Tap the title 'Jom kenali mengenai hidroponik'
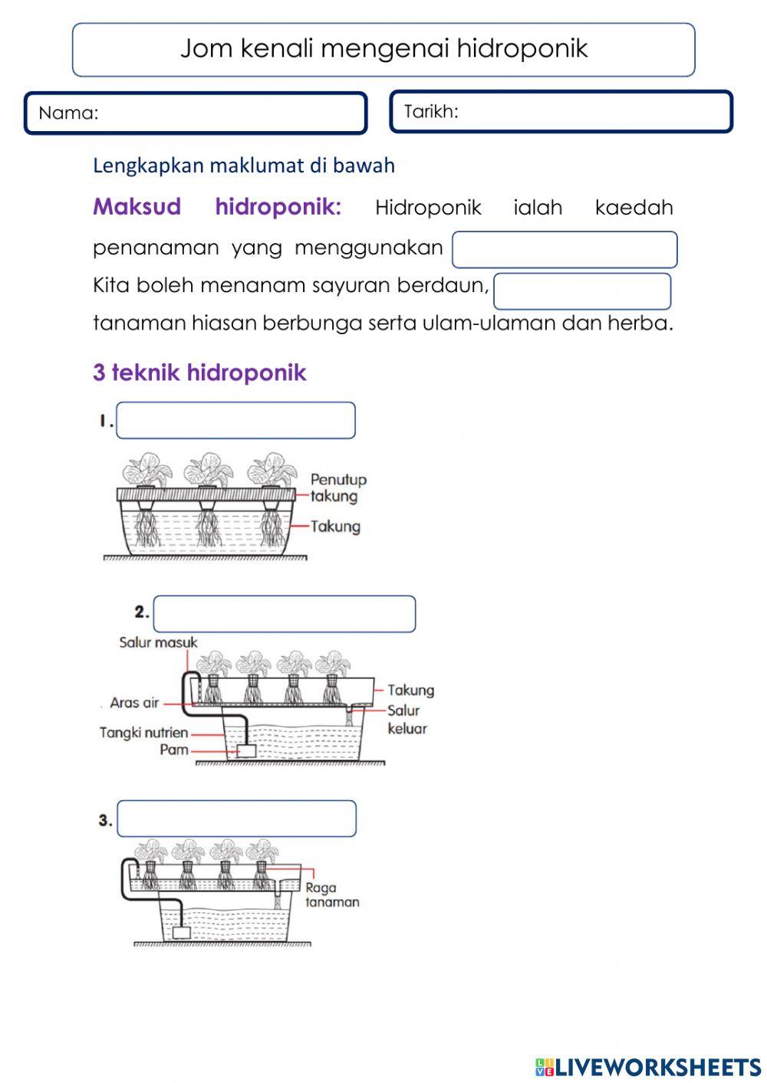(x=383, y=49)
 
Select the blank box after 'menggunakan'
(x=565, y=250)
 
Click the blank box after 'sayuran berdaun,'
(x=582, y=291)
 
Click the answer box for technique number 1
(x=235, y=421)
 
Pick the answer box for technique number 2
(x=285, y=615)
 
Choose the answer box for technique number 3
(x=236, y=819)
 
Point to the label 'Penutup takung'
(x=338, y=487)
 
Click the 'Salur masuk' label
(x=158, y=642)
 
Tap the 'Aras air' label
(x=133, y=702)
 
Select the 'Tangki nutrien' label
(x=143, y=733)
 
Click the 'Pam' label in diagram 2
(x=173, y=750)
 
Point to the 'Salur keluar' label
(x=407, y=720)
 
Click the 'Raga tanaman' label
(x=331, y=895)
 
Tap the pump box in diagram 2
(x=246, y=751)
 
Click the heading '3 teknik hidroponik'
(x=199, y=372)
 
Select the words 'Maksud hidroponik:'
(x=217, y=207)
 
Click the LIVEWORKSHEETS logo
(x=648, y=1066)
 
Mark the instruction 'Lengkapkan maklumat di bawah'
(x=244, y=166)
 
